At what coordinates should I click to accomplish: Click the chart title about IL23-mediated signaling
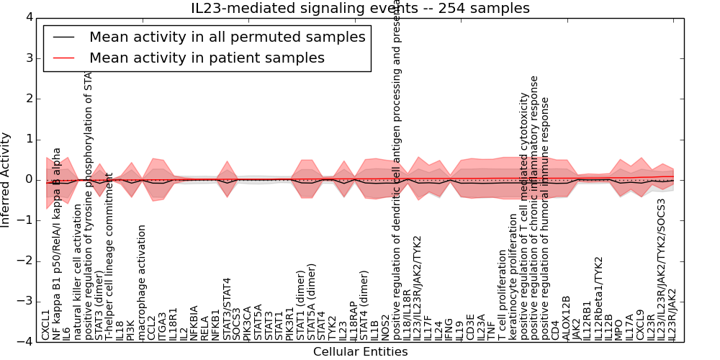coord(360,9)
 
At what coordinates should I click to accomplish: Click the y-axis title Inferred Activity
coord(6,179)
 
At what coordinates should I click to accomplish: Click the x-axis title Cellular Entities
coord(360,352)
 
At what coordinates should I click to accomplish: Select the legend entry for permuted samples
coord(227,37)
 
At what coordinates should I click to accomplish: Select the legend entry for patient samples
coord(207,58)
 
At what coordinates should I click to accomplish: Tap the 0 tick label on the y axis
coord(29,180)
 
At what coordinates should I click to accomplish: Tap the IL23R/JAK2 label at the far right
coord(672,314)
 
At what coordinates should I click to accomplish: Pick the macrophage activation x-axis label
coord(142,282)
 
